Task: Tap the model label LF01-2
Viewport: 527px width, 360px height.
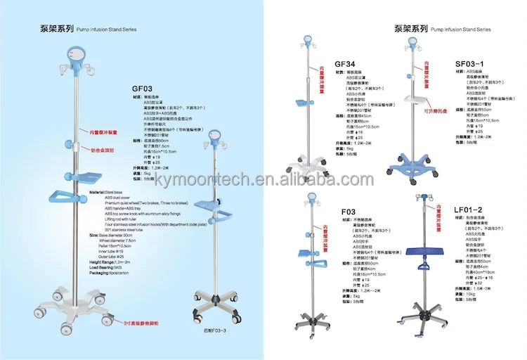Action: tap(468, 210)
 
